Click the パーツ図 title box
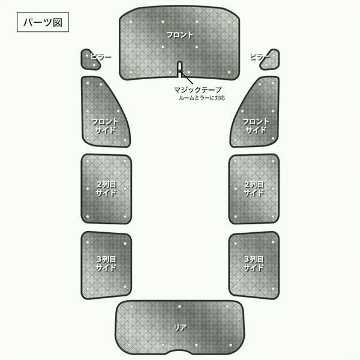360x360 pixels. click(43, 22)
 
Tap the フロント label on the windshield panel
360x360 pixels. click(180, 35)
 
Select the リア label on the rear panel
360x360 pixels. click(180, 328)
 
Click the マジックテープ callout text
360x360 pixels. click(197, 90)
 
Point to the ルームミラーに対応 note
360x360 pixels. click(202, 98)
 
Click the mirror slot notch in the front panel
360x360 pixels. click(180, 68)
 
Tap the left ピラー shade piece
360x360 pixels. click(89, 59)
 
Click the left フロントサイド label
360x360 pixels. click(105, 126)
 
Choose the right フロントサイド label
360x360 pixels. click(256, 126)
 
